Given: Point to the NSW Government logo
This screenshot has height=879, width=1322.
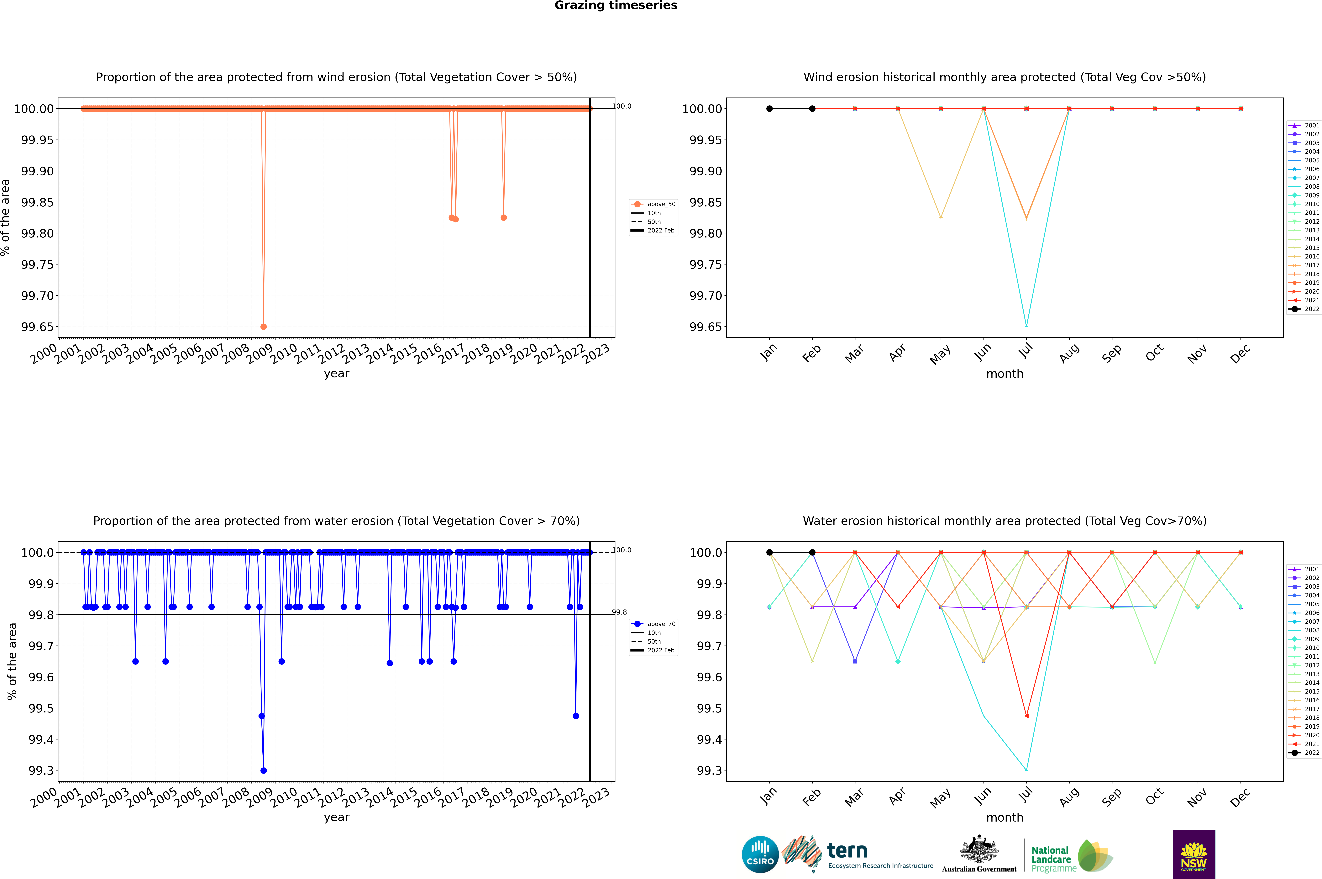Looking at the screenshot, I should point(1194,854).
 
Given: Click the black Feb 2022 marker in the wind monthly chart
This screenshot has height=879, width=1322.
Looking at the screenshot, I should point(812,109).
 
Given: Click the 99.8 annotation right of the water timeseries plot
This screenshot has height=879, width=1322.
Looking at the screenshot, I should point(619,612).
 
